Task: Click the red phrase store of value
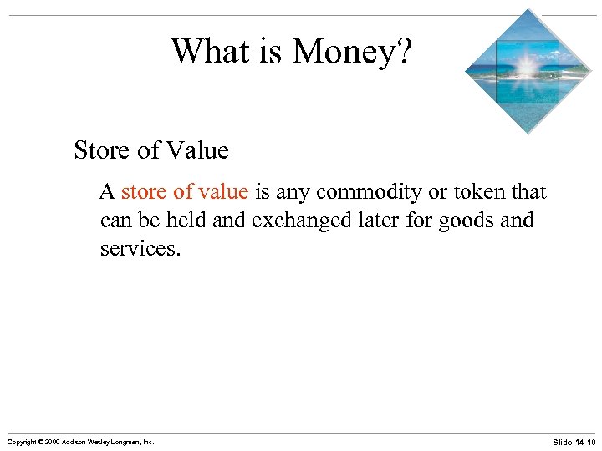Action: click(x=184, y=192)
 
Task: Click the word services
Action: click(x=139, y=249)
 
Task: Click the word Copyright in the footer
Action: click(x=20, y=441)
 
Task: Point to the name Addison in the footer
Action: click(x=73, y=441)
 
